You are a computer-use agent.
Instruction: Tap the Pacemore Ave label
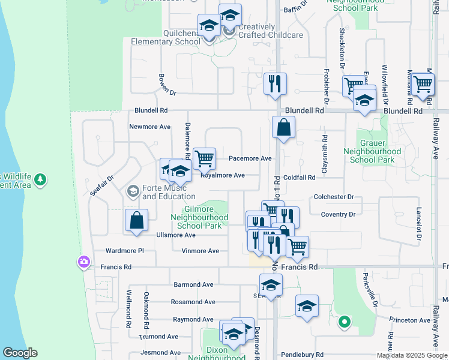pos(250,159)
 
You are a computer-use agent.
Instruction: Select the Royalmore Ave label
pos(222,175)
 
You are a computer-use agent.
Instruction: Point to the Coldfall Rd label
pos(300,178)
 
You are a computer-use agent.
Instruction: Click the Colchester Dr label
pos(334,197)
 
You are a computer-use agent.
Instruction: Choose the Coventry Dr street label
pos(339,214)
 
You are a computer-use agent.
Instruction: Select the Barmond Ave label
pos(193,284)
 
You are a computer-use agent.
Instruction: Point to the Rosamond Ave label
pos(193,302)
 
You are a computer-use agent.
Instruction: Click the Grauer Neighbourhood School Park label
pos(372,152)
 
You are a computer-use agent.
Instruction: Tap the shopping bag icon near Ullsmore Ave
pos(137,220)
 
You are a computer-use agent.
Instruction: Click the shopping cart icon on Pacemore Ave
pos(205,158)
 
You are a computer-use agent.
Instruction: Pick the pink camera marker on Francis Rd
pos(83,262)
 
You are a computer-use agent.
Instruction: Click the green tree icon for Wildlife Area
pos(40,179)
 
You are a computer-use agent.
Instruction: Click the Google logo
pos(20,353)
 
